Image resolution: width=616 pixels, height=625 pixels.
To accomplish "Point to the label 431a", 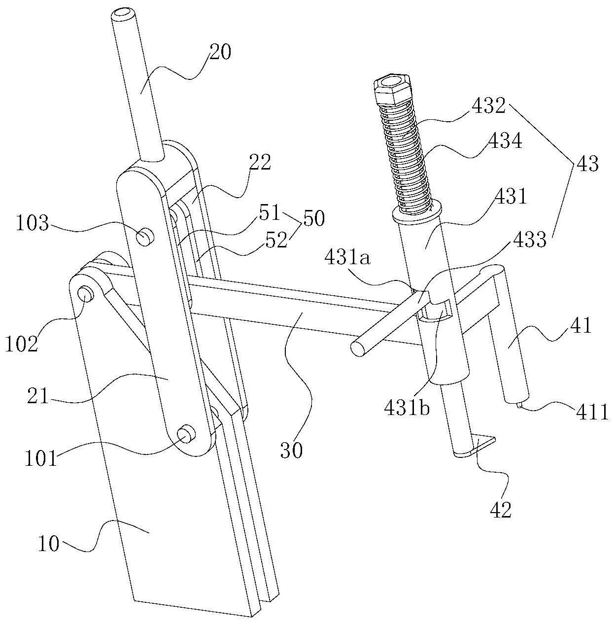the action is click(x=348, y=259).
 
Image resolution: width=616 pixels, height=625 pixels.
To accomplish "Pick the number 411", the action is click(x=592, y=413).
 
